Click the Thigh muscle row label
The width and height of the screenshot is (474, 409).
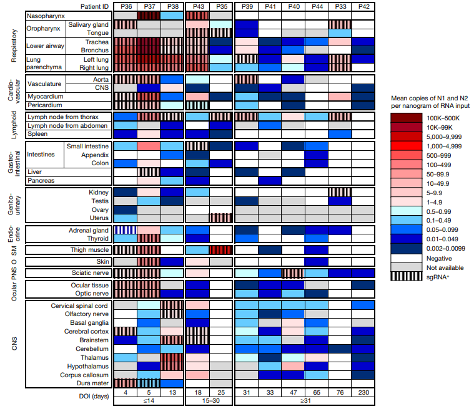[89, 249]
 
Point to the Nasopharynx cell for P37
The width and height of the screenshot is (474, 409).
[149, 15]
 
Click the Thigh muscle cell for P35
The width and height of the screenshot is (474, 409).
[220, 249]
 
